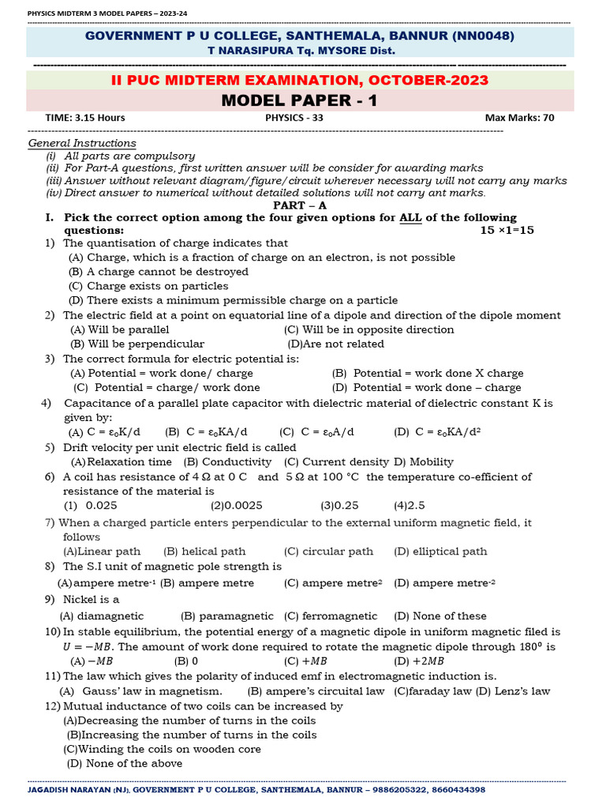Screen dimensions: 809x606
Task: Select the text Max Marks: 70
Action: coord(519,118)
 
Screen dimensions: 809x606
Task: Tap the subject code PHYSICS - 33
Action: coord(294,118)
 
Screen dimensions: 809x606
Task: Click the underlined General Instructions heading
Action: coord(82,143)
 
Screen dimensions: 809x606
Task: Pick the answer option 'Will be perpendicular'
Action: coord(137,344)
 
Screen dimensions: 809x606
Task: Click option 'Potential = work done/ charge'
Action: coord(162,373)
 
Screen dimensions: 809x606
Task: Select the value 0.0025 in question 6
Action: coord(237,505)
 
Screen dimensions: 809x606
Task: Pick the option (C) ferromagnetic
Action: coord(331,615)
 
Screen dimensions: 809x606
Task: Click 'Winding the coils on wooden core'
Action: coord(162,749)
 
